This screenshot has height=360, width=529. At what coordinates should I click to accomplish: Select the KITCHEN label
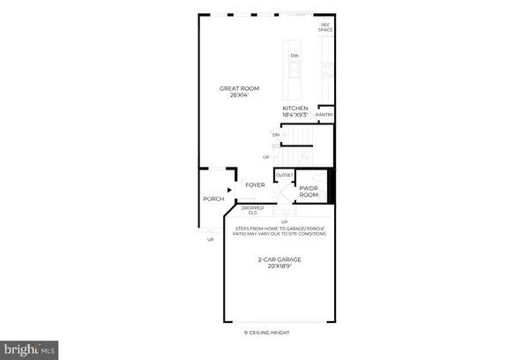(x=294, y=108)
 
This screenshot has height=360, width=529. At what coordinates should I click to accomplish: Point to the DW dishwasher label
(x=294, y=57)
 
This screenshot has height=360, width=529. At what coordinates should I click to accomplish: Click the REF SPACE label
(x=325, y=27)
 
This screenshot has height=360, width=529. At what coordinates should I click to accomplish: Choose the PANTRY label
(x=324, y=114)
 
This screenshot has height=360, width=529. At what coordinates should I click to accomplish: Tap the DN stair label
(x=275, y=134)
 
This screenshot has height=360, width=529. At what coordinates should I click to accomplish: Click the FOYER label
(x=256, y=185)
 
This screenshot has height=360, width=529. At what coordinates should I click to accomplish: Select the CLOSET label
(x=285, y=175)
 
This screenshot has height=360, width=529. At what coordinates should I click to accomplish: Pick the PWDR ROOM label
(x=309, y=191)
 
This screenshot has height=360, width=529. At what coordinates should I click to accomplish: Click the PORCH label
(x=213, y=199)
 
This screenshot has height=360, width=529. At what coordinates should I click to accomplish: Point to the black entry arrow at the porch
(x=231, y=188)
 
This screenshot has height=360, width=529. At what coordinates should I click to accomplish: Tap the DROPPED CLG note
(x=252, y=210)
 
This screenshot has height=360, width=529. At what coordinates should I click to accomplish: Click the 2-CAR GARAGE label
(x=279, y=259)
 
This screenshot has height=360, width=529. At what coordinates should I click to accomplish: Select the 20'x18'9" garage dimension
(x=279, y=266)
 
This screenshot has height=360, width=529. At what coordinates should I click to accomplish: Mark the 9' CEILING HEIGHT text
(x=266, y=333)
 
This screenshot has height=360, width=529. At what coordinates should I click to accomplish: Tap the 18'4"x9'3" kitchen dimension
(x=294, y=115)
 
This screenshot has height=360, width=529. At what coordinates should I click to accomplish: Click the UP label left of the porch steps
(x=210, y=239)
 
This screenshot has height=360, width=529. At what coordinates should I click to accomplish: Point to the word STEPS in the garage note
(x=242, y=229)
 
